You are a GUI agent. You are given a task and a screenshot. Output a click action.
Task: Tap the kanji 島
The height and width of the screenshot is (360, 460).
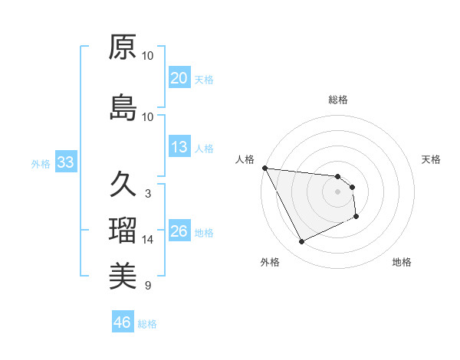[x=123, y=108]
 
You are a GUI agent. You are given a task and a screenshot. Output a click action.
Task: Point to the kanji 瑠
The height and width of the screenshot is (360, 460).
[x=123, y=231]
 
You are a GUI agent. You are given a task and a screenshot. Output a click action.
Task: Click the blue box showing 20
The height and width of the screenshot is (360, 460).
[x=179, y=78]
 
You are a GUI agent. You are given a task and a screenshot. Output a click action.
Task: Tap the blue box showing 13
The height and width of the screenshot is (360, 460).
[x=179, y=148]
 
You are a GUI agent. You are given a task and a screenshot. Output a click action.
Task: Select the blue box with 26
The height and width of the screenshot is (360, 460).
[x=179, y=232]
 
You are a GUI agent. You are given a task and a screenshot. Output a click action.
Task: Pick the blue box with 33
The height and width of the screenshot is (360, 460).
[x=65, y=162]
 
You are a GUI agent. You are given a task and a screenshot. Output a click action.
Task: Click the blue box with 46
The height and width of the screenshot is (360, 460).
[x=123, y=322]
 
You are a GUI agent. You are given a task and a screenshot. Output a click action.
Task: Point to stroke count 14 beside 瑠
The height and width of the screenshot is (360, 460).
[x=148, y=240]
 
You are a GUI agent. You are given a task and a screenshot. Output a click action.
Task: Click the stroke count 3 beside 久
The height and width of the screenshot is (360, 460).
[x=148, y=193]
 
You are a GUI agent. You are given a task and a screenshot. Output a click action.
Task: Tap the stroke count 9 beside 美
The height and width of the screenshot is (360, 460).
[x=148, y=286]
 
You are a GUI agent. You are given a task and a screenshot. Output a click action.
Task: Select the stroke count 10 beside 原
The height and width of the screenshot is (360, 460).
[x=148, y=56]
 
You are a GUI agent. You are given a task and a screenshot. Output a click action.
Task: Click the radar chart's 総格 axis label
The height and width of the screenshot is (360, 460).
[x=338, y=100]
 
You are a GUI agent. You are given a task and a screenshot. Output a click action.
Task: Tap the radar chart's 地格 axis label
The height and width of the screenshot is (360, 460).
[x=402, y=263]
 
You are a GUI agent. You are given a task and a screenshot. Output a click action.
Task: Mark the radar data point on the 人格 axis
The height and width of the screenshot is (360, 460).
[x=264, y=168]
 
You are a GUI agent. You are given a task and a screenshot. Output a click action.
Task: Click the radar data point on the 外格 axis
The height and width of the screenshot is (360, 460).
[x=301, y=242]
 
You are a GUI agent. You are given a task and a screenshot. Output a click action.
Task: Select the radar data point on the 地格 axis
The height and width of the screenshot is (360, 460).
[x=356, y=218]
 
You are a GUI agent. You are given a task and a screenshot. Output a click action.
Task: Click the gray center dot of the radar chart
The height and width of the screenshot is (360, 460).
[x=338, y=191]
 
